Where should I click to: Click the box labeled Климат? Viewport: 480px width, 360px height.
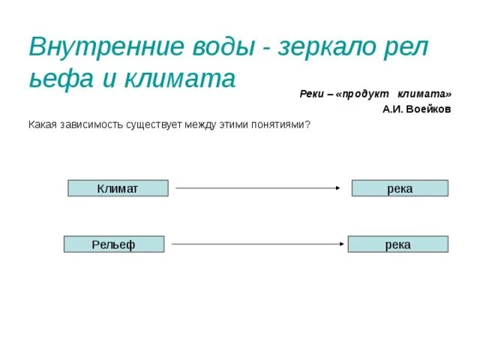coord(118,188)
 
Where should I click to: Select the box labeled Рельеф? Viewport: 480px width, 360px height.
coord(113,244)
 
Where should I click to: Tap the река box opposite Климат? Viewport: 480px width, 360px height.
coord(400,188)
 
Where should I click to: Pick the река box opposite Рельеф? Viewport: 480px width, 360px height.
coord(397,244)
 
